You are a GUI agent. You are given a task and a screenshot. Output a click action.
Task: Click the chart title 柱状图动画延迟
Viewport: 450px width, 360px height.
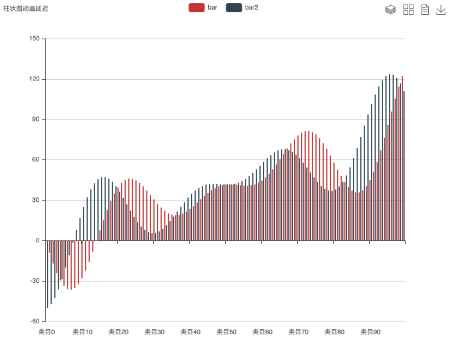(x=26, y=8)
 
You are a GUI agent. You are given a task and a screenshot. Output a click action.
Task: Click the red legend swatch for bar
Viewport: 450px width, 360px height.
(x=197, y=8)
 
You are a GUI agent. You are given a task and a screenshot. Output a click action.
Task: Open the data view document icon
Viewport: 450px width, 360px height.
(x=425, y=9)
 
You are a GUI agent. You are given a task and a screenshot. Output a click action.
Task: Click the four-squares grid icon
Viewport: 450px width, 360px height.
(x=408, y=9)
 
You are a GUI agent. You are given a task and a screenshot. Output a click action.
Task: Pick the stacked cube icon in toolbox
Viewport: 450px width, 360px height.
(x=390, y=9)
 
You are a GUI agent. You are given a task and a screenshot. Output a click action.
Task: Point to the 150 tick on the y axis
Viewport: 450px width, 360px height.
(x=34, y=39)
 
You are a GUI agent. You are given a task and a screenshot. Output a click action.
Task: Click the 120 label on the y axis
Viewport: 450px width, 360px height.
(x=34, y=79)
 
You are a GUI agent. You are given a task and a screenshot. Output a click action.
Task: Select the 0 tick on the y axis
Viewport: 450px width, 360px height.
(x=37, y=240)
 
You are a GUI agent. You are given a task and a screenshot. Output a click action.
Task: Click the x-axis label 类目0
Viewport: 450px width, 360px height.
(x=46, y=332)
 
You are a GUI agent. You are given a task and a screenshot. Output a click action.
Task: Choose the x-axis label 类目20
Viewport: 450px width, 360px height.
(x=118, y=332)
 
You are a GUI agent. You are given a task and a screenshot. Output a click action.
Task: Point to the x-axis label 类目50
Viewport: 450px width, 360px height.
(x=226, y=332)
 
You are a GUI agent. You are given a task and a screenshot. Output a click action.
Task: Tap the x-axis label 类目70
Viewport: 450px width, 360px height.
(x=298, y=332)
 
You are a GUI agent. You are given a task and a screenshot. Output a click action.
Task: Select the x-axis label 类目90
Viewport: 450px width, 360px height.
(x=370, y=332)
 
